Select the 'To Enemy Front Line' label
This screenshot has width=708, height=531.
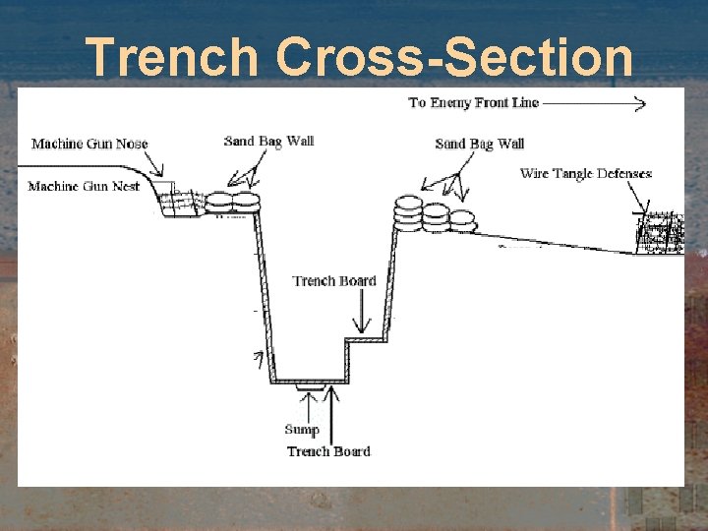pyautogui.click(x=473, y=102)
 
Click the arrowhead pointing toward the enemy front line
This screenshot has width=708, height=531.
pyautogui.click(x=638, y=102)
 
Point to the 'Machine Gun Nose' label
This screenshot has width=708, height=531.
pyautogui.click(x=89, y=144)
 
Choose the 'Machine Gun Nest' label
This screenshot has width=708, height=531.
pyautogui.click(x=84, y=186)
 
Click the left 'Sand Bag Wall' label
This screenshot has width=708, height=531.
pyautogui.click(x=268, y=141)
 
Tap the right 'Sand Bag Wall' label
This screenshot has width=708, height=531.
pyautogui.click(x=480, y=144)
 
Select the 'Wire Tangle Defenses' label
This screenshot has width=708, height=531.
pyautogui.click(x=585, y=174)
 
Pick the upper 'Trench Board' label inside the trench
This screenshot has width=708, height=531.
pyautogui.click(x=334, y=281)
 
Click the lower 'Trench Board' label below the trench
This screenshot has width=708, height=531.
pyautogui.click(x=328, y=451)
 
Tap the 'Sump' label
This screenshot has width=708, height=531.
pyautogui.click(x=302, y=429)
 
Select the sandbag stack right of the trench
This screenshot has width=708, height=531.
pyautogui.click(x=431, y=215)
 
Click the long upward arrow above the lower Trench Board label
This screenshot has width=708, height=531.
pyautogui.click(x=334, y=413)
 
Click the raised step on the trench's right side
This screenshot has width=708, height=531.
pyautogui.click(x=367, y=341)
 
